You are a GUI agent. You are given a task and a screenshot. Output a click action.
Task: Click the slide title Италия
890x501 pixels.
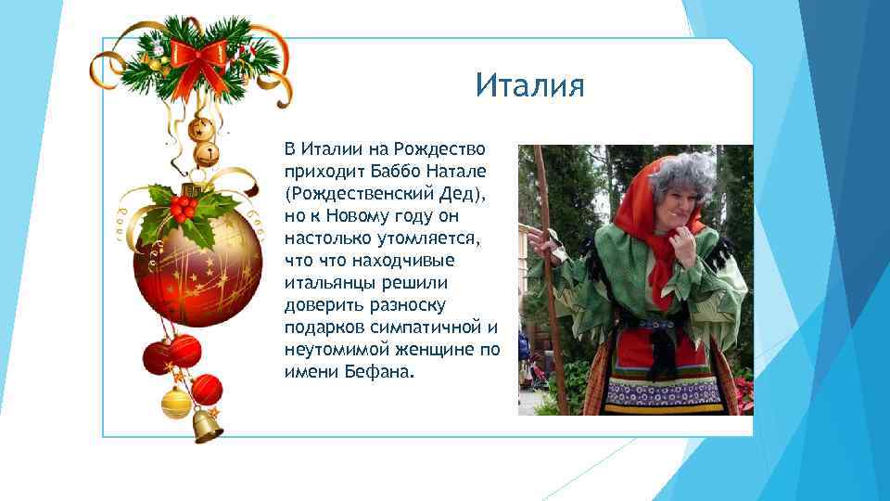pyautogui.click(x=530, y=86)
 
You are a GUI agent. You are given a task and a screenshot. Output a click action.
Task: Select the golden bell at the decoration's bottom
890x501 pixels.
pyautogui.click(x=207, y=425)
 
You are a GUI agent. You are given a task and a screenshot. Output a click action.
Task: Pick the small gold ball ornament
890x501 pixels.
pyautogui.click(x=175, y=403)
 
